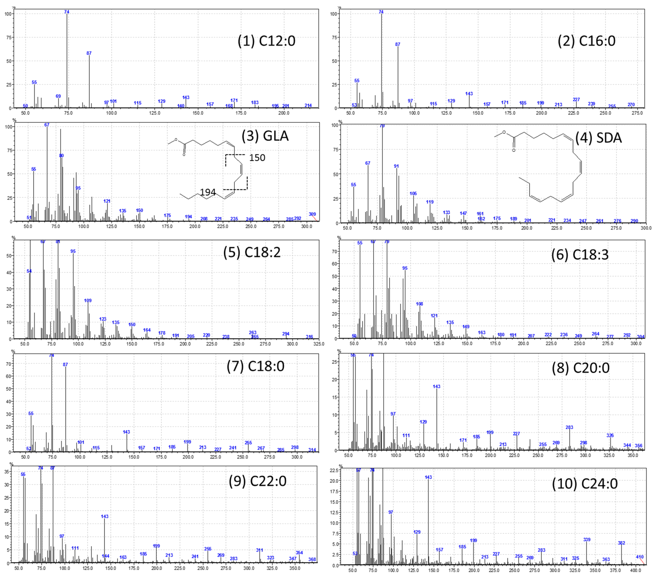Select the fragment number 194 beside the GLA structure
click(x=208, y=192)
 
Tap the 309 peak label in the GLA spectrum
click(x=312, y=214)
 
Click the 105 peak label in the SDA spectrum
click(x=413, y=193)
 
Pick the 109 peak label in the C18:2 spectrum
click(x=88, y=300)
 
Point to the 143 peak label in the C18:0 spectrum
click(x=126, y=432)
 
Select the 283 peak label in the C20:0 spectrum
click(x=569, y=427)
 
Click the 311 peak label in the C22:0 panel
click(x=260, y=550)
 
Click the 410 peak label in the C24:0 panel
click(x=640, y=557)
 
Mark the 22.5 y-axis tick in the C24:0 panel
click(x=334, y=470)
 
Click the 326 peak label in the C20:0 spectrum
click(x=610, y=435)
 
